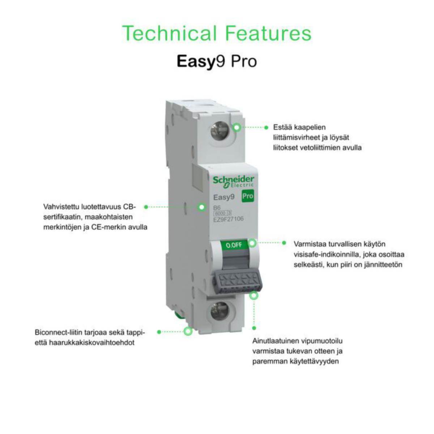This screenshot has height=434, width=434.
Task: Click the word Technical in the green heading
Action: [x=169, y=33]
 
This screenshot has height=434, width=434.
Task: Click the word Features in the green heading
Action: [x=268, y=33]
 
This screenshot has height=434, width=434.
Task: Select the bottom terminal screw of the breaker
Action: [x=220, y=312]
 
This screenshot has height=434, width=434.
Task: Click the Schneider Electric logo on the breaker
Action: [x=234, y=182]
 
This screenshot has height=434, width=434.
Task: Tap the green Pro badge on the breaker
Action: [x=247, y=196]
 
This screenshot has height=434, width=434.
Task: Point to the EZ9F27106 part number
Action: [x=228, y=219]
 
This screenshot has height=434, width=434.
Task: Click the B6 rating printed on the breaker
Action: [x=217, y=208]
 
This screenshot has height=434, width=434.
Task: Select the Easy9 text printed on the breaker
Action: [x=224, y=197]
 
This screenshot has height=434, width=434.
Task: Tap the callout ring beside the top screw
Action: [x=237, y=127]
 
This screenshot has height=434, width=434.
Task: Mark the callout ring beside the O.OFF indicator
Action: [x=252, y=243]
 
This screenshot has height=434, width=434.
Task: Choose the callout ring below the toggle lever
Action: [x=254, y=295]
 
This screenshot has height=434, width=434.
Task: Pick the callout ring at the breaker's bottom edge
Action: [x=188, y=331]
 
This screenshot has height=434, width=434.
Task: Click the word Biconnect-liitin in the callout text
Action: [x=59, y=332]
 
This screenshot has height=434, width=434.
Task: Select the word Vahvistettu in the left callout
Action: [x=61, y=207]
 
